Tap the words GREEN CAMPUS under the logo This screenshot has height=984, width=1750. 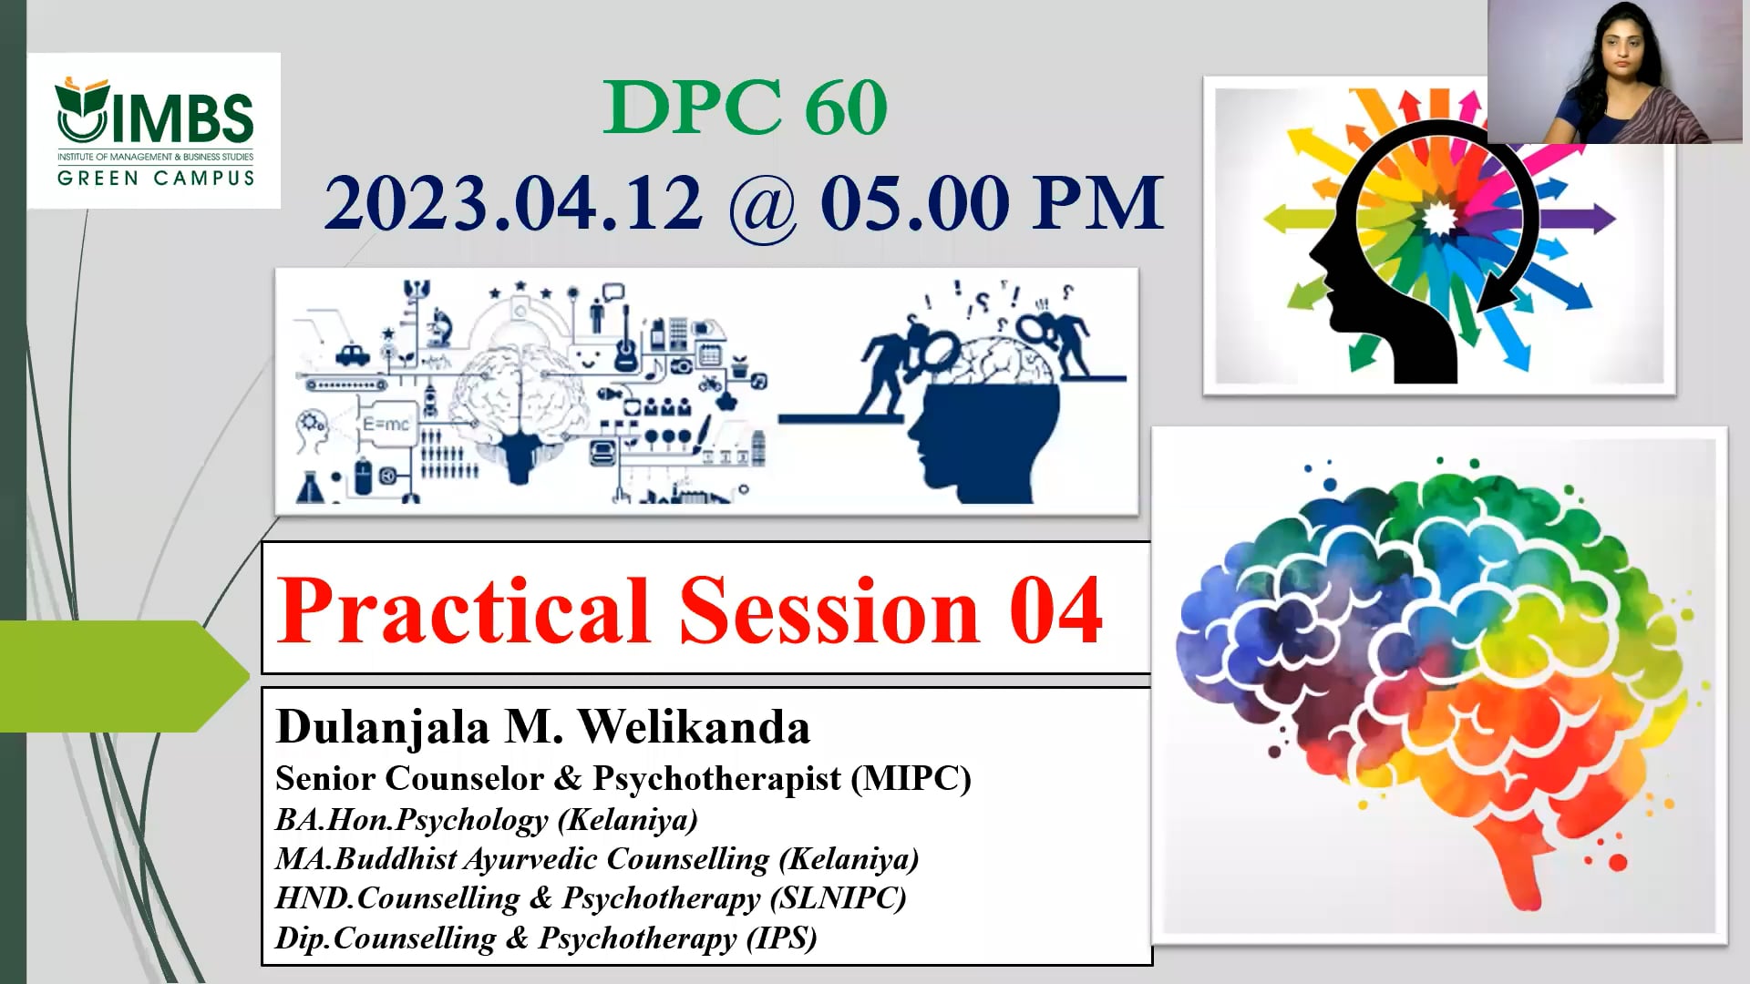pyautogui.click(x=156, y=178)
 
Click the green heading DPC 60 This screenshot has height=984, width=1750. pyautogui.click(x=745, y=108)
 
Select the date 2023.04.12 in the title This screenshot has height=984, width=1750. pyautogui.click(x=514, y=202)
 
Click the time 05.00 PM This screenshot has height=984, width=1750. pyautogui.click(x=992, y=202)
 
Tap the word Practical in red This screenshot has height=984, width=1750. pyautogui.click(x=463, y=610)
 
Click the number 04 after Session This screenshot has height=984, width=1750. pyautogui.click(x=1055, y=610)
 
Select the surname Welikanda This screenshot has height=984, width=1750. pyautogui.click(x=694, y=727)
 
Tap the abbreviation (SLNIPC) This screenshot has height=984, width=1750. pyautogui.click(x=838, y=898)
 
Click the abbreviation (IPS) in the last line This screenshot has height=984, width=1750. pyautogui.click(x=781, y=938)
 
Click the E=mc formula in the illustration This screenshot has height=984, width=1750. pyautogui.click(x=386, y=425)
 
